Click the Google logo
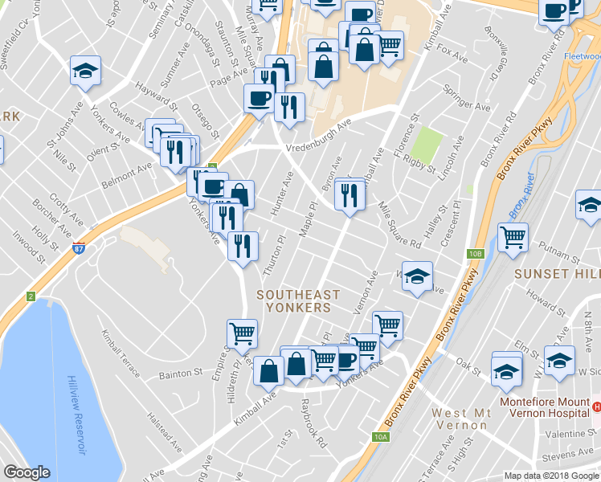(x=27, y=472)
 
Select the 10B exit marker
(x=476, y=254)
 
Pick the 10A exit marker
(x=380, y=437)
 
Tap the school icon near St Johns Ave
(x=85, y=71)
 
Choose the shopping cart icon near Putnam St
(x=513, y=237)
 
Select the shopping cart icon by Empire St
(x=242, y=333)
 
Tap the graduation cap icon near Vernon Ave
(x=417, y=276)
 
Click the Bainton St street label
(x=182, y=374)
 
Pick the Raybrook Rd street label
(x=315, y=420)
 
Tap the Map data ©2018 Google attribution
(x=550, y=476)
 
